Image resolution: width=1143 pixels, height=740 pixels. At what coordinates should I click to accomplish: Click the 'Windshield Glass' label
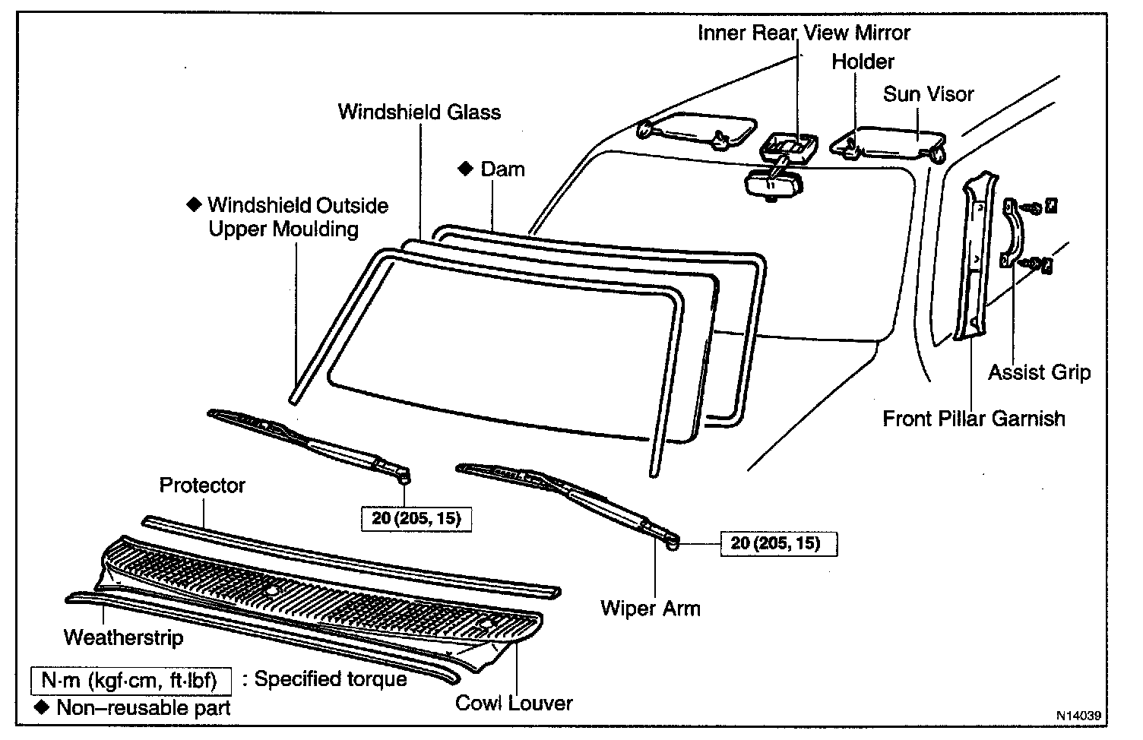coord(419,112)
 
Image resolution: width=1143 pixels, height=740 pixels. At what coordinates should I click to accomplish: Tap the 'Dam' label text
coord(502,169)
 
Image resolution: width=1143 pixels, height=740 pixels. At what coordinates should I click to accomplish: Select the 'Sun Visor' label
coord(928,94)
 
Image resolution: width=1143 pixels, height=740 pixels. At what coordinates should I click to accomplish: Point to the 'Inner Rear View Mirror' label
coord(804,33)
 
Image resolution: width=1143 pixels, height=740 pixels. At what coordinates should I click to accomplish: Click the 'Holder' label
coord(863,62)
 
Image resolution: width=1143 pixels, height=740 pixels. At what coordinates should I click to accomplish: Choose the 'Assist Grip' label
coord(1039,372)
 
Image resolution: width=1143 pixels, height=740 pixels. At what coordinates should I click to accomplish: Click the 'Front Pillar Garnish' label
coord(974,418)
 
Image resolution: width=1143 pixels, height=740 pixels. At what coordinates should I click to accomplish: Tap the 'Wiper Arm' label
coord(650,608)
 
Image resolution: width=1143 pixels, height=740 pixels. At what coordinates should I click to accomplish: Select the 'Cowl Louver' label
coord(514,703)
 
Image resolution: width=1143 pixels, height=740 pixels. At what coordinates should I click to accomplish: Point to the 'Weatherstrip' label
coord(123,637)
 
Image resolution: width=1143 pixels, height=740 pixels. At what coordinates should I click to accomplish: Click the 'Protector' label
coord(202,485)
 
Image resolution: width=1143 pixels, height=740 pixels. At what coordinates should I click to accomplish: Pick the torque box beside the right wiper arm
coord(775,543)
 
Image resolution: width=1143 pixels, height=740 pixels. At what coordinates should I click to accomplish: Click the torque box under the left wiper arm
coord(416,520)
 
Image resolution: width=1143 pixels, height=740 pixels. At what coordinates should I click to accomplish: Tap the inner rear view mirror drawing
coord(771,184)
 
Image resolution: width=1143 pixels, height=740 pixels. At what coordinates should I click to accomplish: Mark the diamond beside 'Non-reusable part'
coord(42,708)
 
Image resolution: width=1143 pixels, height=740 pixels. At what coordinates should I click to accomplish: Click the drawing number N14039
coord(1077,716)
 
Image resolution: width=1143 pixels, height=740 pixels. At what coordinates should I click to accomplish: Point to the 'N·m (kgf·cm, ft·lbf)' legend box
coord(129,679)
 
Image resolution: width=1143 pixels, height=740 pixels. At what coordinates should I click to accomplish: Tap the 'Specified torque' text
coord(331,678)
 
